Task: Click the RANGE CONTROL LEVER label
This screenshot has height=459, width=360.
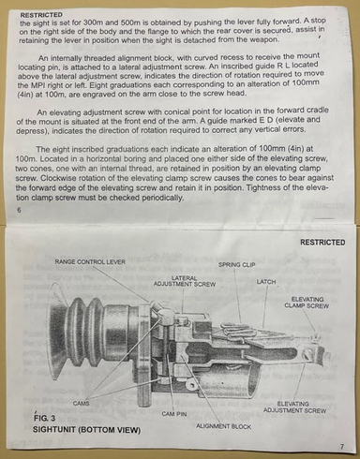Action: (90, 262)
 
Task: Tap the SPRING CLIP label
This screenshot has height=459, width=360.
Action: (237, 265)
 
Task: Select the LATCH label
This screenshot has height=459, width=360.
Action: (266, 282)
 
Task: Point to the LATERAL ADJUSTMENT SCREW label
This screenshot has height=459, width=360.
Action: (185, 281)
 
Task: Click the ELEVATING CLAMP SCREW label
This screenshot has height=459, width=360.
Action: (307, 303)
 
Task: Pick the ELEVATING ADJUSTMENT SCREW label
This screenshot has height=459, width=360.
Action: (294, 407)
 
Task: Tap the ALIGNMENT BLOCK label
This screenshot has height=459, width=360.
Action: (223, 426)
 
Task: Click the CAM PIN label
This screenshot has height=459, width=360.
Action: (174, 414)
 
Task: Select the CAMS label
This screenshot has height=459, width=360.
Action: (81, 404)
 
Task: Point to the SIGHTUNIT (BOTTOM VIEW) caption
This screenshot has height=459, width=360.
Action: (86, 430)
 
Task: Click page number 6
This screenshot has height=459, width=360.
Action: (20, 210)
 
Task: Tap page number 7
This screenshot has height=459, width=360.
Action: (342, 447)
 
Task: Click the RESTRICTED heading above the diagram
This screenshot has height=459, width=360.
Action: (322, 243)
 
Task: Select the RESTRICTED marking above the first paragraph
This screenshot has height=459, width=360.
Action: (41, 15)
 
